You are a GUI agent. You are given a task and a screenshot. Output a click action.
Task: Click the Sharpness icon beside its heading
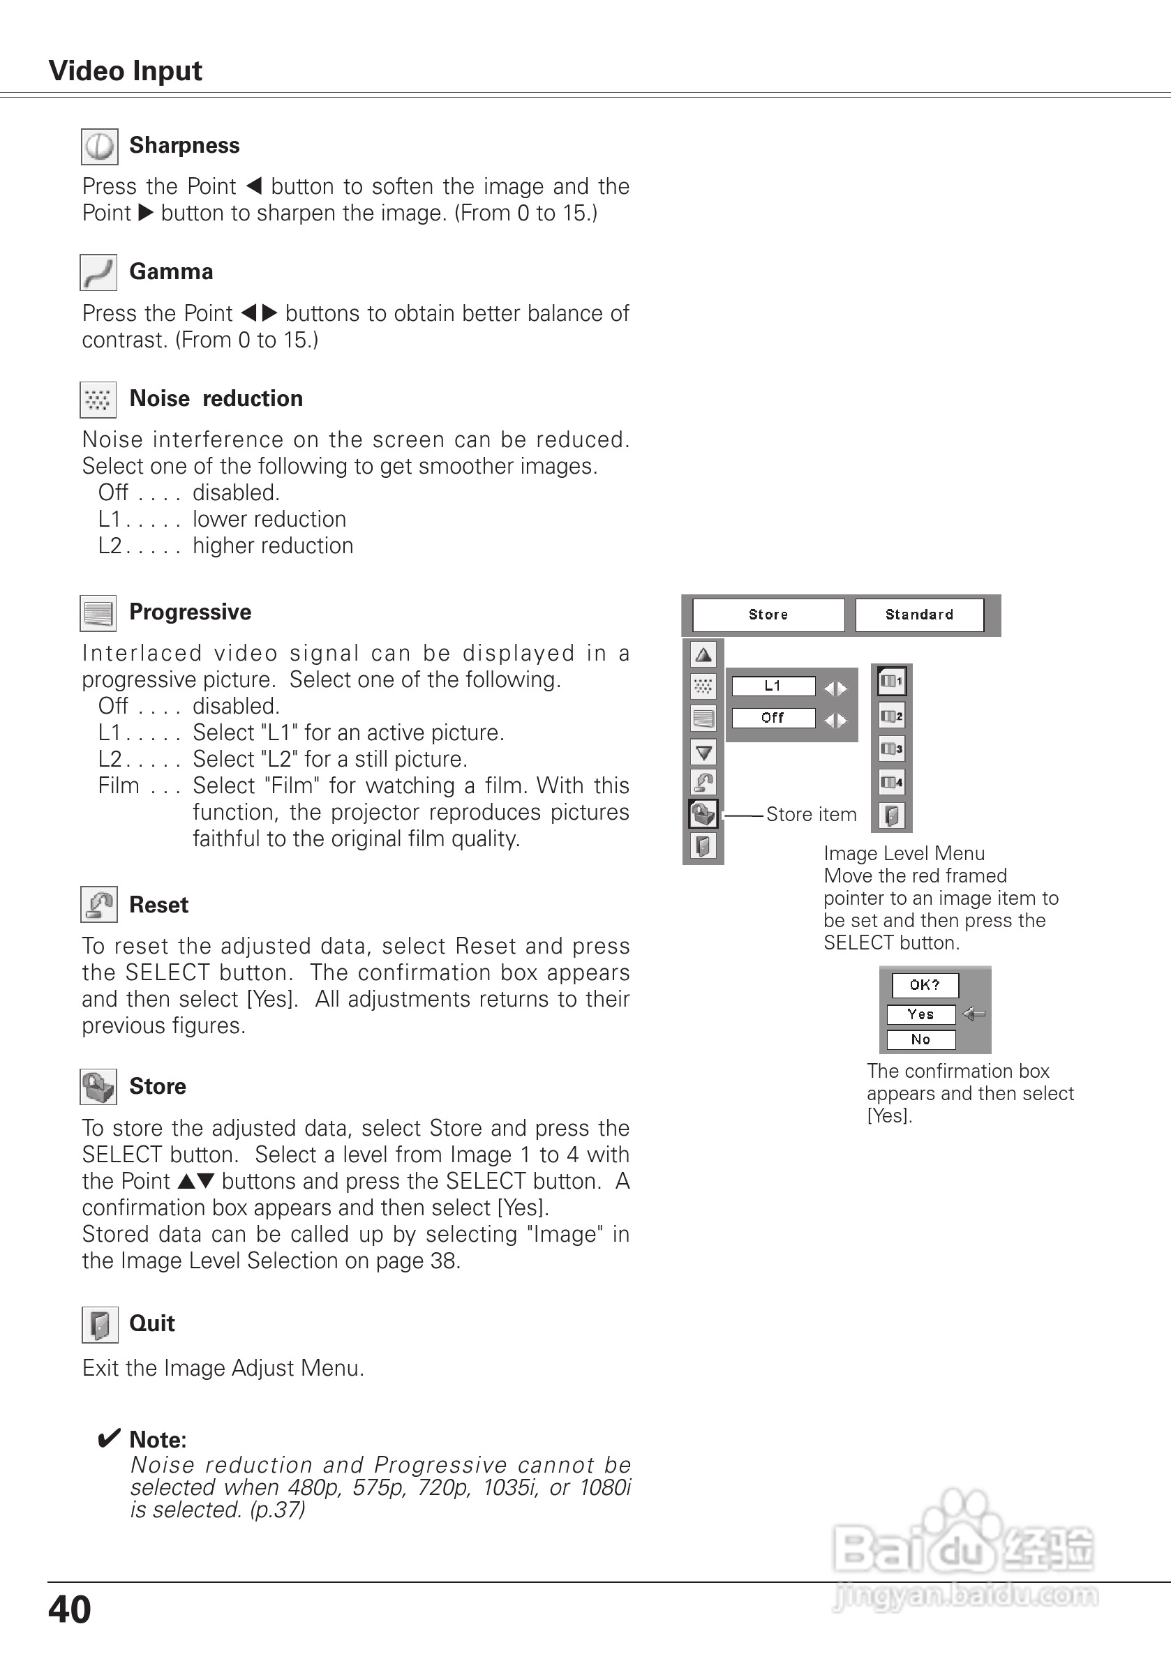tap(99, 147)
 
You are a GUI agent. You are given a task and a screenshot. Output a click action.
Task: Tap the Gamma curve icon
tap(98, 273)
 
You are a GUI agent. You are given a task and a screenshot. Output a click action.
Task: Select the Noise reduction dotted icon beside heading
tap(98, 399)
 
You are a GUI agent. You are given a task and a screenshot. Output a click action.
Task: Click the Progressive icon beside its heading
tap(98, 613)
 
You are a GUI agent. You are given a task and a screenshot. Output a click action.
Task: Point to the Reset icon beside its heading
tap(98, 904)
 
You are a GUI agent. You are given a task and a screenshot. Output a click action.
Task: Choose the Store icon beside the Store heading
tap(98, 1087)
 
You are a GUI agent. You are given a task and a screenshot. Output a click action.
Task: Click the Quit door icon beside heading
tap(99, 1325)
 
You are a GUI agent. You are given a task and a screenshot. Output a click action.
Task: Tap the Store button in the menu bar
tap(768, 615)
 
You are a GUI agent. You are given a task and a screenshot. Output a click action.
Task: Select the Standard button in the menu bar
tap(919, 615)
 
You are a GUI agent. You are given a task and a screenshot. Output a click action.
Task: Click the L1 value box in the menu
tap(773, 686)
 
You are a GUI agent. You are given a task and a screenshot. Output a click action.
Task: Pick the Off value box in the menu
tap(773, 718)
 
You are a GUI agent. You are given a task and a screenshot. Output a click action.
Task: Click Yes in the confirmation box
tap(920, 1014)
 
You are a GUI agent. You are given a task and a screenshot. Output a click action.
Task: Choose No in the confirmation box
tap(920, 1039)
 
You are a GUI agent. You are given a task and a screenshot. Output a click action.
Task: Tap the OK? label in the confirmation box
tap(925, 984)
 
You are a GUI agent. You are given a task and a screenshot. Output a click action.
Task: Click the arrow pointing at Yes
tap(974, 1014)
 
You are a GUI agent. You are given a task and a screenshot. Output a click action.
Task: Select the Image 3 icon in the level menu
tap(892, 749)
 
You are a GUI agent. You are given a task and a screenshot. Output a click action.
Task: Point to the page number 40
tap(70, 1610)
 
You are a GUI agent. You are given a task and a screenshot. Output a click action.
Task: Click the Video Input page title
tap(125, 71)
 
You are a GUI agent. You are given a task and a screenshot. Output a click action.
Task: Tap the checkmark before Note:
tap(109, 1438)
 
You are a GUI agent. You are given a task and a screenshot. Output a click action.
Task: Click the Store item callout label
tap(811, 815)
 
